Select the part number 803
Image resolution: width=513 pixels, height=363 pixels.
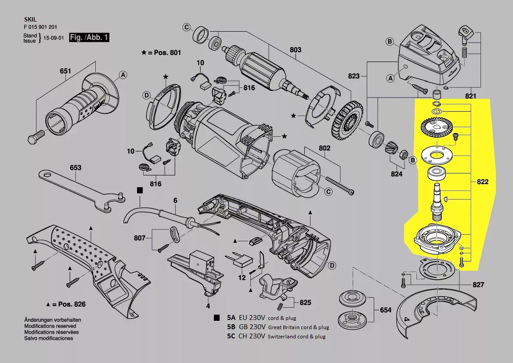tap(296, 50)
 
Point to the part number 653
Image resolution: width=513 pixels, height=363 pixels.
tap(76, 167)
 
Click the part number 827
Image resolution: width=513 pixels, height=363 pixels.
tap(478, 285)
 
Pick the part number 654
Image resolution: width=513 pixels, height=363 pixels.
tap(385, 310)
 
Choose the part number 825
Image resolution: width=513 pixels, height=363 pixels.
tap(305, 302)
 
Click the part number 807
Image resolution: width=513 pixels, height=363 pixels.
tap(140, 238)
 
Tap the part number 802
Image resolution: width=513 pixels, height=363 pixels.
tap(324, 148)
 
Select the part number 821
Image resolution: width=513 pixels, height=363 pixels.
tap(470, 96)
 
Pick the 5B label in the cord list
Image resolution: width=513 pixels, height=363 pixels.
tap(231, 327)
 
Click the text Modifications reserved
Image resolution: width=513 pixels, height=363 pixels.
tap(50, 326)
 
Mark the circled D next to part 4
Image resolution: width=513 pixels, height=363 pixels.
tap(332, 265)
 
